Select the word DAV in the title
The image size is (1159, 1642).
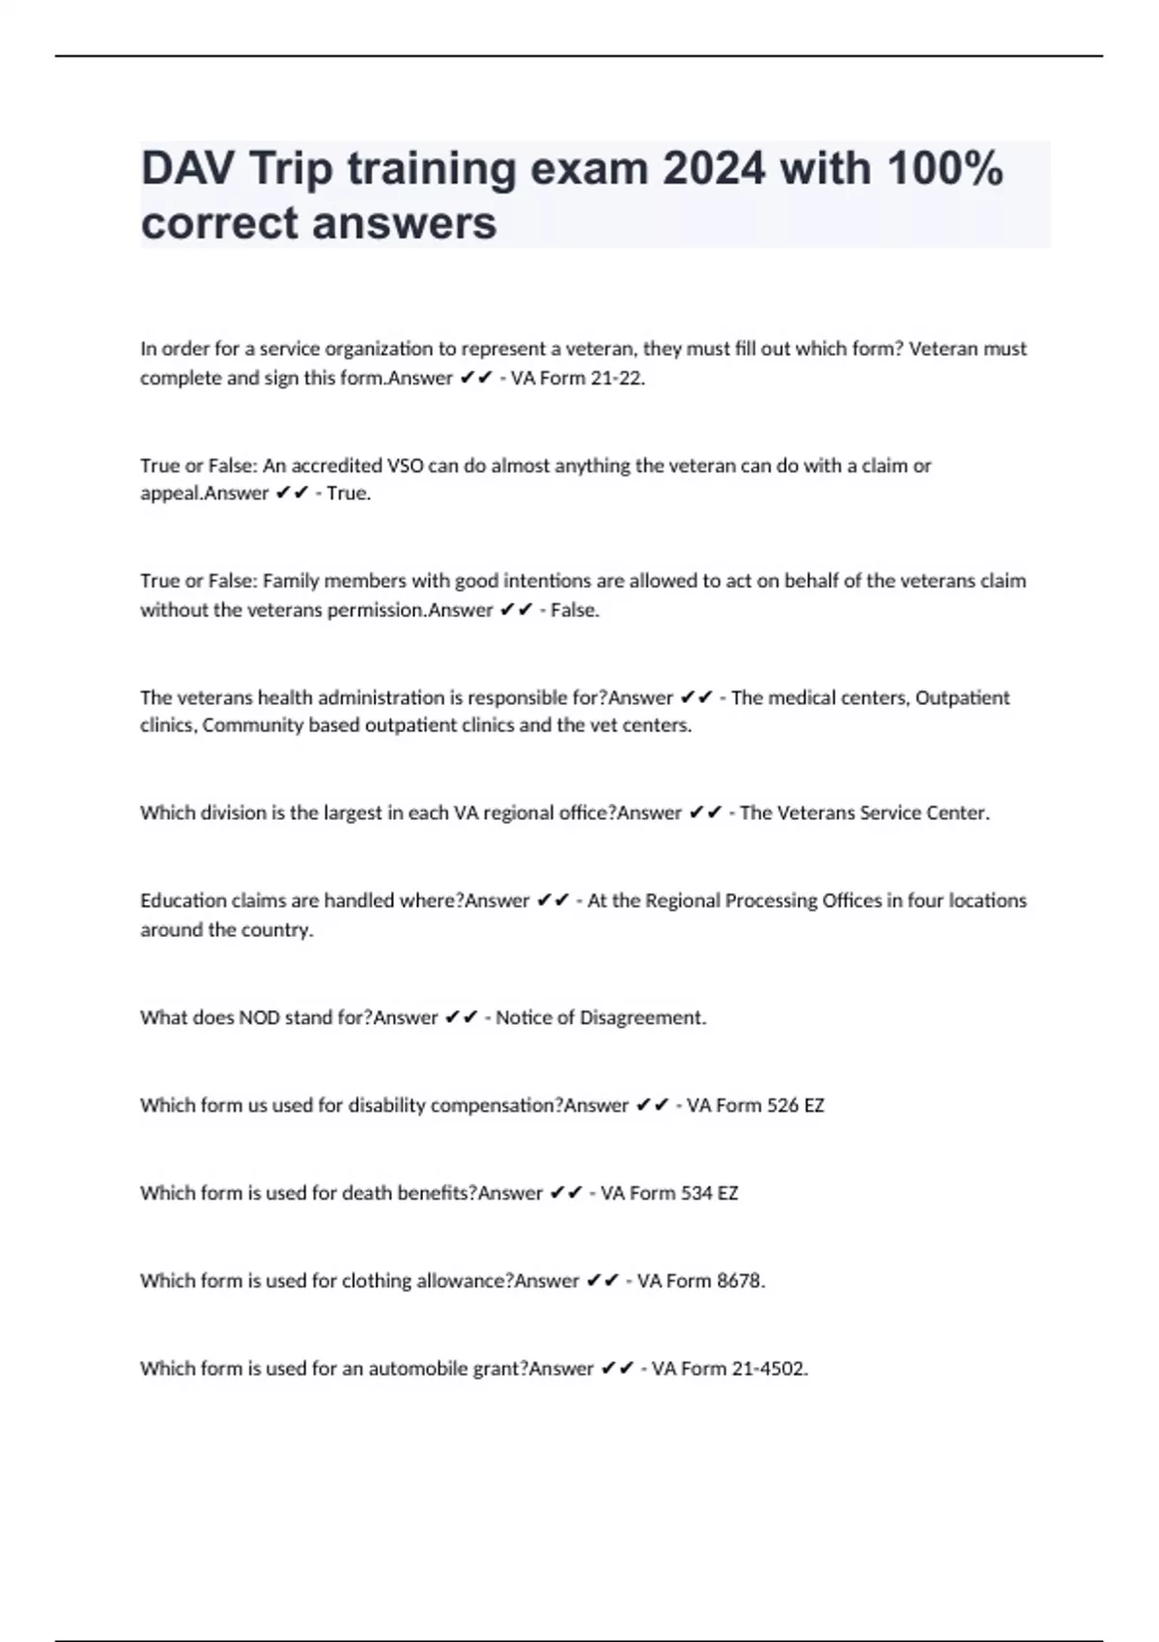tap(187, 168)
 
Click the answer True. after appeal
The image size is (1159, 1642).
tap(349, 494)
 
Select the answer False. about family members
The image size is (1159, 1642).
tap(575, 610)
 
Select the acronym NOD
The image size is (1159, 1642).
tap(260, 1017)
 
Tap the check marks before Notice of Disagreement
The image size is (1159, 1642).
tap(462, 1017)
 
